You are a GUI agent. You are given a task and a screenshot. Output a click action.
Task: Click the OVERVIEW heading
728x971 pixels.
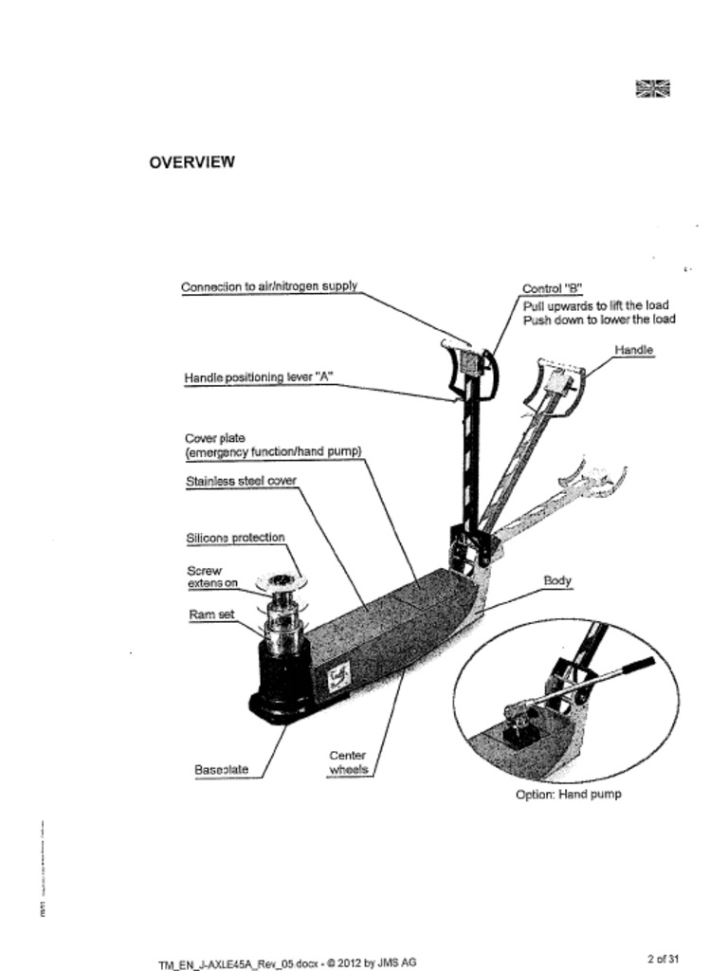(191, 162)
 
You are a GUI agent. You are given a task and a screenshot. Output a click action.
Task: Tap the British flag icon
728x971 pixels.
(652, 89)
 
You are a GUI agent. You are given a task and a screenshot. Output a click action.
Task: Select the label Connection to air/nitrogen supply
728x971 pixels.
(269, 287)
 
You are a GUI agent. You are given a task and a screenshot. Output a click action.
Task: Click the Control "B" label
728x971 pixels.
(552, 289)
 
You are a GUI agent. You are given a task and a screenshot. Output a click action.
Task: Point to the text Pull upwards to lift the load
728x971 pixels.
(595, 305)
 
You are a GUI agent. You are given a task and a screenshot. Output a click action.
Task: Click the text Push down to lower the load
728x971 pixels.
(599, 321)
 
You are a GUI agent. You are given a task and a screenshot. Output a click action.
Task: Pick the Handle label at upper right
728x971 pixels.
(633, 351)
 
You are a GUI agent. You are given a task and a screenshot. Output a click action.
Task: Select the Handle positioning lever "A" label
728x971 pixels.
(258, 378)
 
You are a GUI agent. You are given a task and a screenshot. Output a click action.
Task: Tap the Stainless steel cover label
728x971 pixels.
(241, 482)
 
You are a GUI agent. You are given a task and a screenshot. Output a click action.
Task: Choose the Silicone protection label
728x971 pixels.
(235, 538)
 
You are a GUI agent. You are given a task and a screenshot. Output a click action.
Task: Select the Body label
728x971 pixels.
(556, 580)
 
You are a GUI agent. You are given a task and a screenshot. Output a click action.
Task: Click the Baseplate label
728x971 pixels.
(221, 770)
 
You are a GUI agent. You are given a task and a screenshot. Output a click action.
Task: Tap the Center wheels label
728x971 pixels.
(347, 763)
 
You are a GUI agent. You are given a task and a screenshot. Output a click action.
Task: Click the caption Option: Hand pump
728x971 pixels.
(568, 795)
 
